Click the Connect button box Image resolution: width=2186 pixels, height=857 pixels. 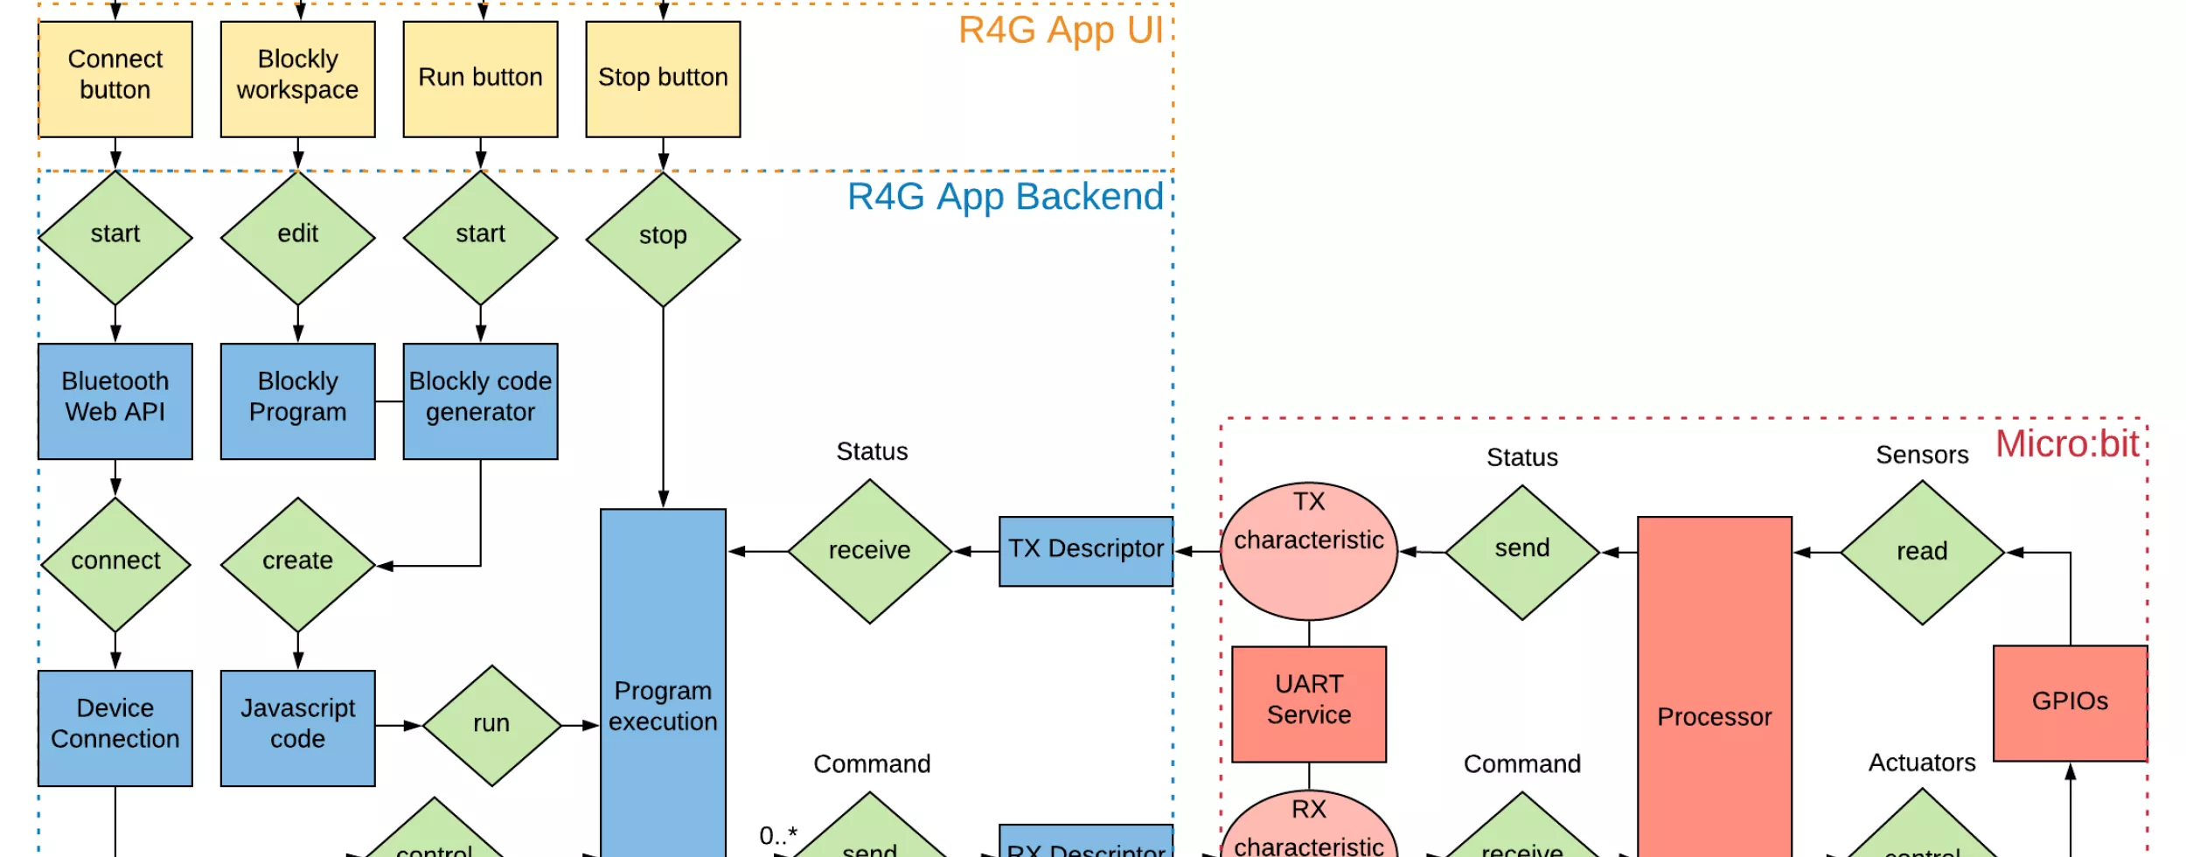click(115, 79)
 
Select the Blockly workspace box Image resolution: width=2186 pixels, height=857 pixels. click(297, 79)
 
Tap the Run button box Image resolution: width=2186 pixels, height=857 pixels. click(480, 79)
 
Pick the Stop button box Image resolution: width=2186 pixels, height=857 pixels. click(663, 79)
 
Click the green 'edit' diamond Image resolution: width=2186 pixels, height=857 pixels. click(297, 237)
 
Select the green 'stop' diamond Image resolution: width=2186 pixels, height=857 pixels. click(663, 239)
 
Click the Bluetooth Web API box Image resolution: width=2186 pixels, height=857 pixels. click(115, 401)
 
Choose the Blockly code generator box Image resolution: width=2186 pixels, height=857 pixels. click(480, 401)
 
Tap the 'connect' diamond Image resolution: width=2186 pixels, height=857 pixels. click(115, 564)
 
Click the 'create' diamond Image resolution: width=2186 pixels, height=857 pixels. click(297, 564)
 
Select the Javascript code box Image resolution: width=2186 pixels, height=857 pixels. click(297, 728)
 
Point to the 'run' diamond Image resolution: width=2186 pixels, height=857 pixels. click(491, 725)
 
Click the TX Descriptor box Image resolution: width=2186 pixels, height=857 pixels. click(1085, 551)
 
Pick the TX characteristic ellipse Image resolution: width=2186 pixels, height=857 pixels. click(1308, 551)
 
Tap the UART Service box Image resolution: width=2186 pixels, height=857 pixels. click(1308, 703)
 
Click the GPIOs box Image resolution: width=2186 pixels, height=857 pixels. click(2069, 702)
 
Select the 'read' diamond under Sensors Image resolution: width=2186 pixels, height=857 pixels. click(1921, 552)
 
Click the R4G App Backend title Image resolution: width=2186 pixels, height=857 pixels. click(1005, 197)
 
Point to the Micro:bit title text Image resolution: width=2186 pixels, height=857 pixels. click(2066, 444)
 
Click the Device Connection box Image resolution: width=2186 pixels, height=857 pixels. click(115, 728)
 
